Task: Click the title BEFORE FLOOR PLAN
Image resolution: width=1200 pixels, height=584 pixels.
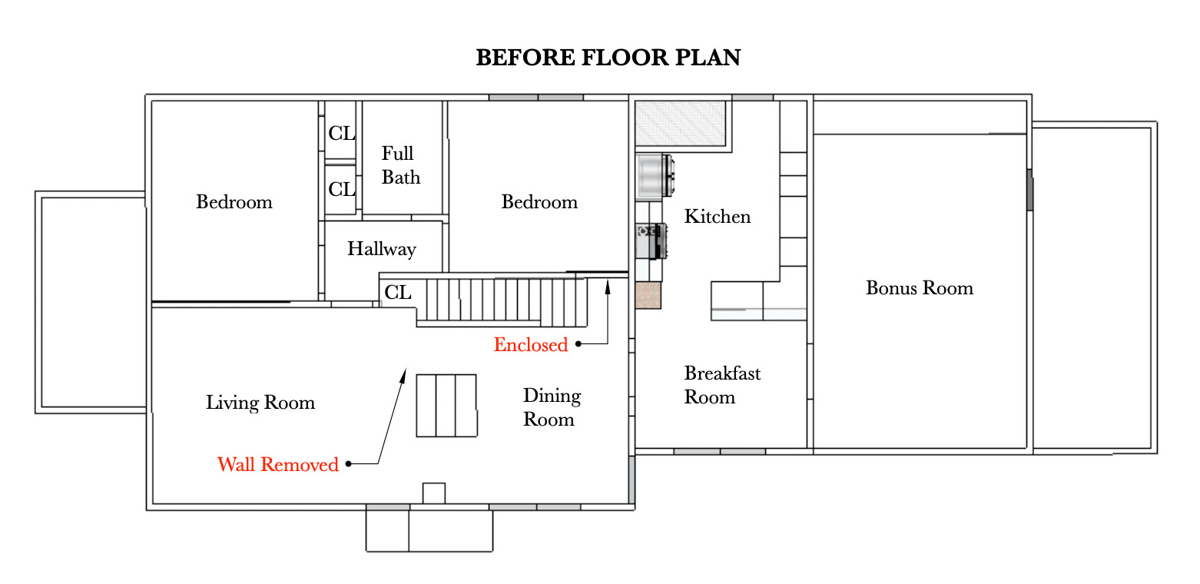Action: pos(608,58)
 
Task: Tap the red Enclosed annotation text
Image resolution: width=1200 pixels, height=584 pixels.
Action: pos(530,345)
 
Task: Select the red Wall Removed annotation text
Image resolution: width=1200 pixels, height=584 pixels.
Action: pos(277,465)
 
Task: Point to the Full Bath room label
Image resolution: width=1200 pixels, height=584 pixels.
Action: pos(400,165)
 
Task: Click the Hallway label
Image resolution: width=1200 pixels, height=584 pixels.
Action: pos(381,249)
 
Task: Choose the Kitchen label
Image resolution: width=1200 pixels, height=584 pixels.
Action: pos(717,217)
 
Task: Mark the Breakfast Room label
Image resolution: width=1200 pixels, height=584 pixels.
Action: pos(721,385)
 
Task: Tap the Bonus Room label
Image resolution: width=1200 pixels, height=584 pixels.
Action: pos(919,288)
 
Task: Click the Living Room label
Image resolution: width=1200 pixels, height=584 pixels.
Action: pos(260,403)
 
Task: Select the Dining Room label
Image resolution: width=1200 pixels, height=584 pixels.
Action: pos(551,407)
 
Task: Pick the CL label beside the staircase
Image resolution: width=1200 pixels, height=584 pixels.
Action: pos(398,293)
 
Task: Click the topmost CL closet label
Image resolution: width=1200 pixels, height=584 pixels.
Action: pos(342,133)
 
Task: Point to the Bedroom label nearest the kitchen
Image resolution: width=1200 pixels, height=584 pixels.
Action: pos(539,202)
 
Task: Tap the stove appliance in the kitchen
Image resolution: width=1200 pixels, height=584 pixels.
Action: pos(650,241)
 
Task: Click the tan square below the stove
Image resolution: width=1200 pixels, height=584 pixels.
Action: pos(648,295)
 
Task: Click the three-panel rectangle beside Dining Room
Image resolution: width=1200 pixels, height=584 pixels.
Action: pos(446,406)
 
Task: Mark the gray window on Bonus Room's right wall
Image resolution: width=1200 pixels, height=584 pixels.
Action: pos(1029,190)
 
